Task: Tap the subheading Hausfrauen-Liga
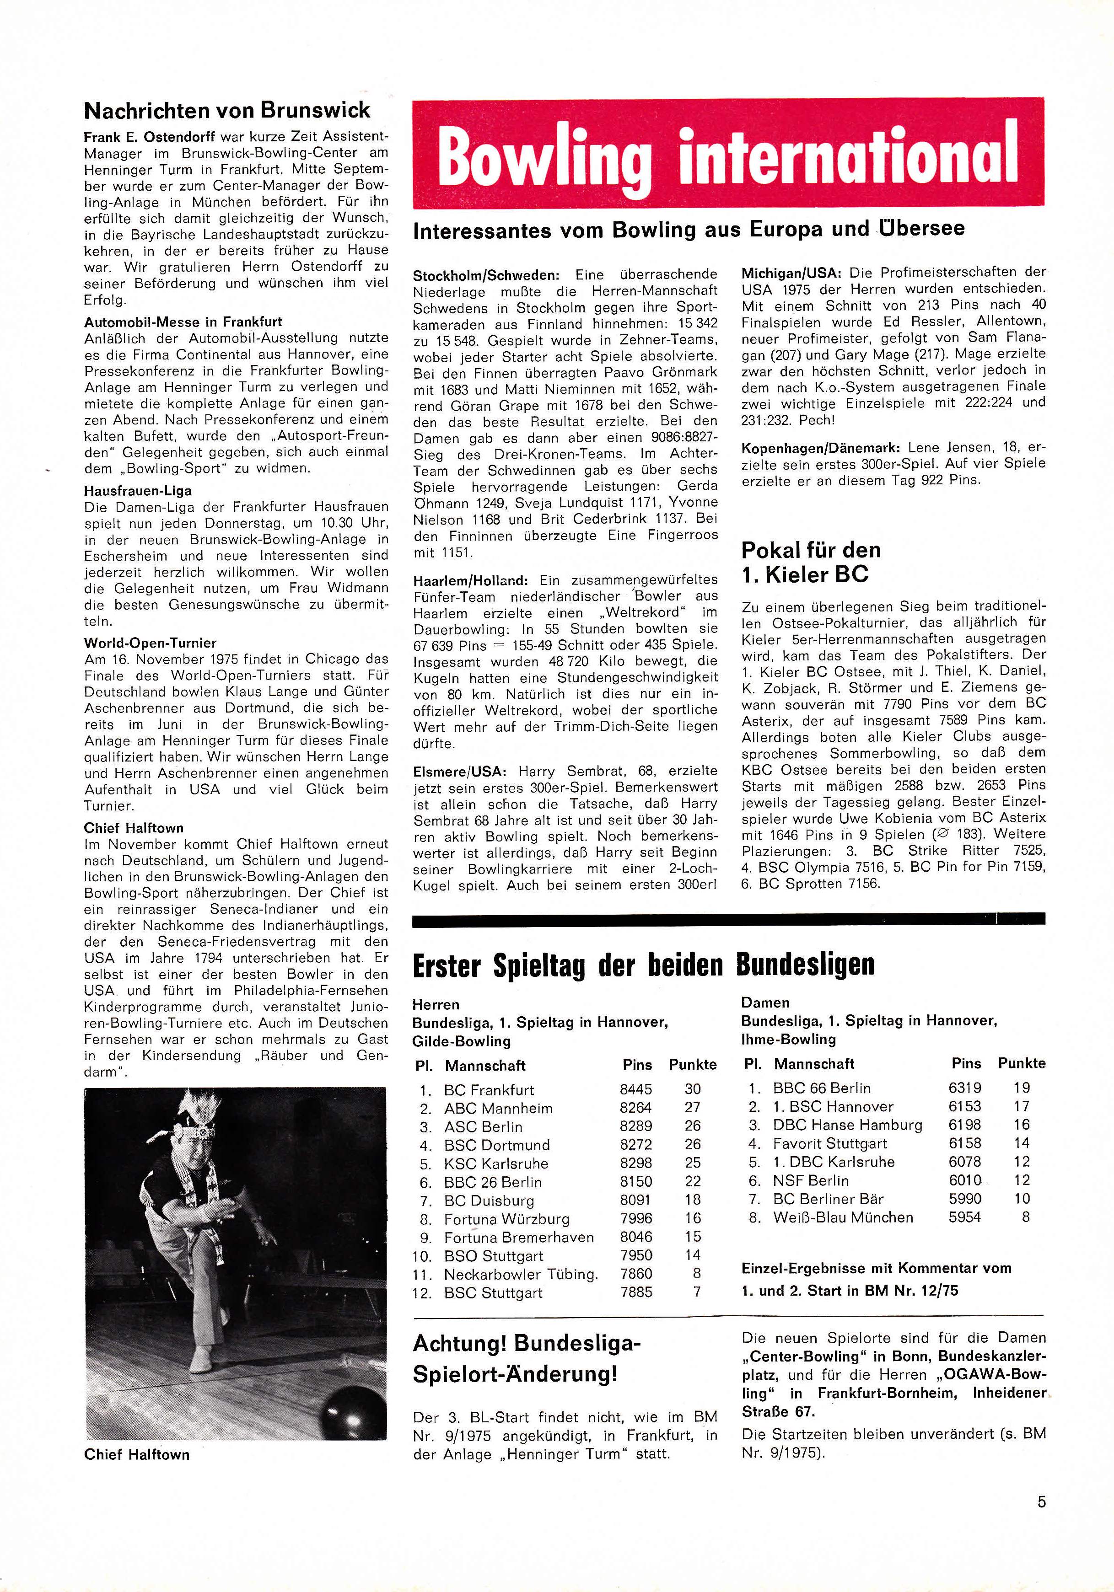[138, 490]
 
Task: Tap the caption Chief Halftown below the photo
[137, 1455]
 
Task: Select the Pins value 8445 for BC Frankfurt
[635, 1089]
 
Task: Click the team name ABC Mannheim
[499, 1108]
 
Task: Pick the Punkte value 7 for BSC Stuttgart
[696, 1292]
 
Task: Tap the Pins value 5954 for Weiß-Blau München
[964, 1217]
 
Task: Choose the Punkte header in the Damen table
[1021, 1063]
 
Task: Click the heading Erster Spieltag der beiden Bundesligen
[643, 965]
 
